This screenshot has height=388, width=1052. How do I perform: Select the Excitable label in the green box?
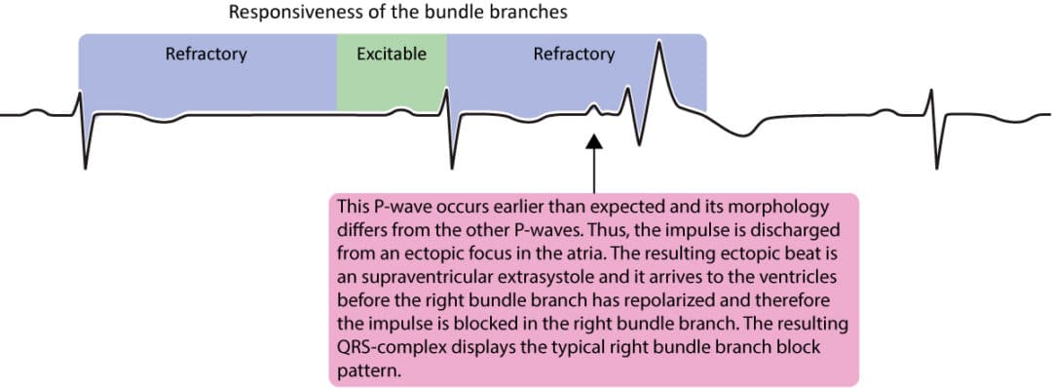point(392,54)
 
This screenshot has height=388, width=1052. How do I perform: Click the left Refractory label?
point(206,54)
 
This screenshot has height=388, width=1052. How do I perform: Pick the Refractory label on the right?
point(574,54)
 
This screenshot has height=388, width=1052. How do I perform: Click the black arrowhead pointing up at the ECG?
point(593,143)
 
